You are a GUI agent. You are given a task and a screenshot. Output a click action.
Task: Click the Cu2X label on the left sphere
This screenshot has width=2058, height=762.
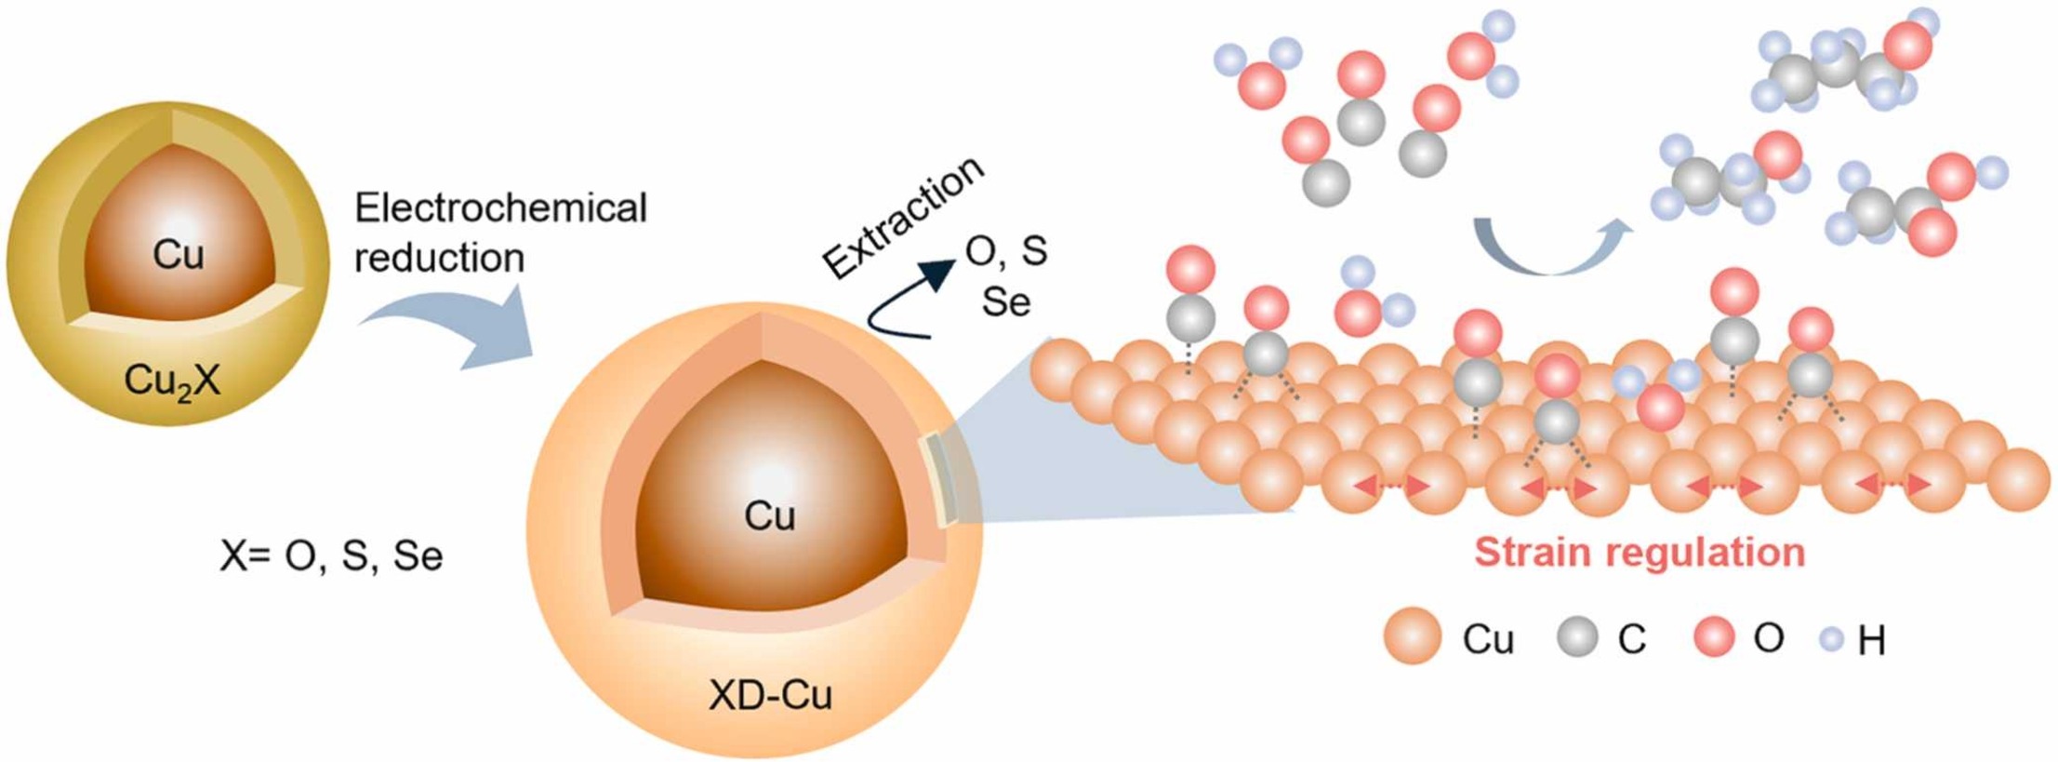pos(172,381)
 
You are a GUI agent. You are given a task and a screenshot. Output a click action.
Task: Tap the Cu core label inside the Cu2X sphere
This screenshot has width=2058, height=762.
pos(178,254)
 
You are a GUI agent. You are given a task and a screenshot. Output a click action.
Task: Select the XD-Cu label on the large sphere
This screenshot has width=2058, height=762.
pos(770,695)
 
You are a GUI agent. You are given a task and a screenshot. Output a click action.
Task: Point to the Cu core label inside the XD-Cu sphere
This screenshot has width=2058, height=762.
pos(769,515)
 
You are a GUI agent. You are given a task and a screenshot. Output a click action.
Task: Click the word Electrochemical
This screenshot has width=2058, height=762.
pos(500,208)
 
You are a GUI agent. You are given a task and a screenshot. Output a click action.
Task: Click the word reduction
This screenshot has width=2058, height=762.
pos(439,258)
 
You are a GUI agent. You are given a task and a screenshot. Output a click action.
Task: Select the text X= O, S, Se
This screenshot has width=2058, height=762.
pos(331,556)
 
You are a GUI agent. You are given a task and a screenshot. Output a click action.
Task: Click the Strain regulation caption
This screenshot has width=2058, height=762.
pos(1640,553)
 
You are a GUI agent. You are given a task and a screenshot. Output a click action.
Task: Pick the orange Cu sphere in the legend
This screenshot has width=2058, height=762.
pos(1412,637)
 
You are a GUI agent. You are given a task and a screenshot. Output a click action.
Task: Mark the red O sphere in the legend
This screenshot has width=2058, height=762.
pos(1713,638)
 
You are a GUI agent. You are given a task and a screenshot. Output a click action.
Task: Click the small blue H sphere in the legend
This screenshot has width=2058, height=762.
pos(1832,639)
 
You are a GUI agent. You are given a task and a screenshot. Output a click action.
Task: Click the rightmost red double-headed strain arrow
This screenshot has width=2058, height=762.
pos(1892,484)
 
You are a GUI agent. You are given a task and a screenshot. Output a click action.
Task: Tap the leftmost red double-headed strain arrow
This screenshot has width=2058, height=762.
pos(1391,485)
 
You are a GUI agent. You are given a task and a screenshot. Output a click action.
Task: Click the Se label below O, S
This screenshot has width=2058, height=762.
pos(1006,301)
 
